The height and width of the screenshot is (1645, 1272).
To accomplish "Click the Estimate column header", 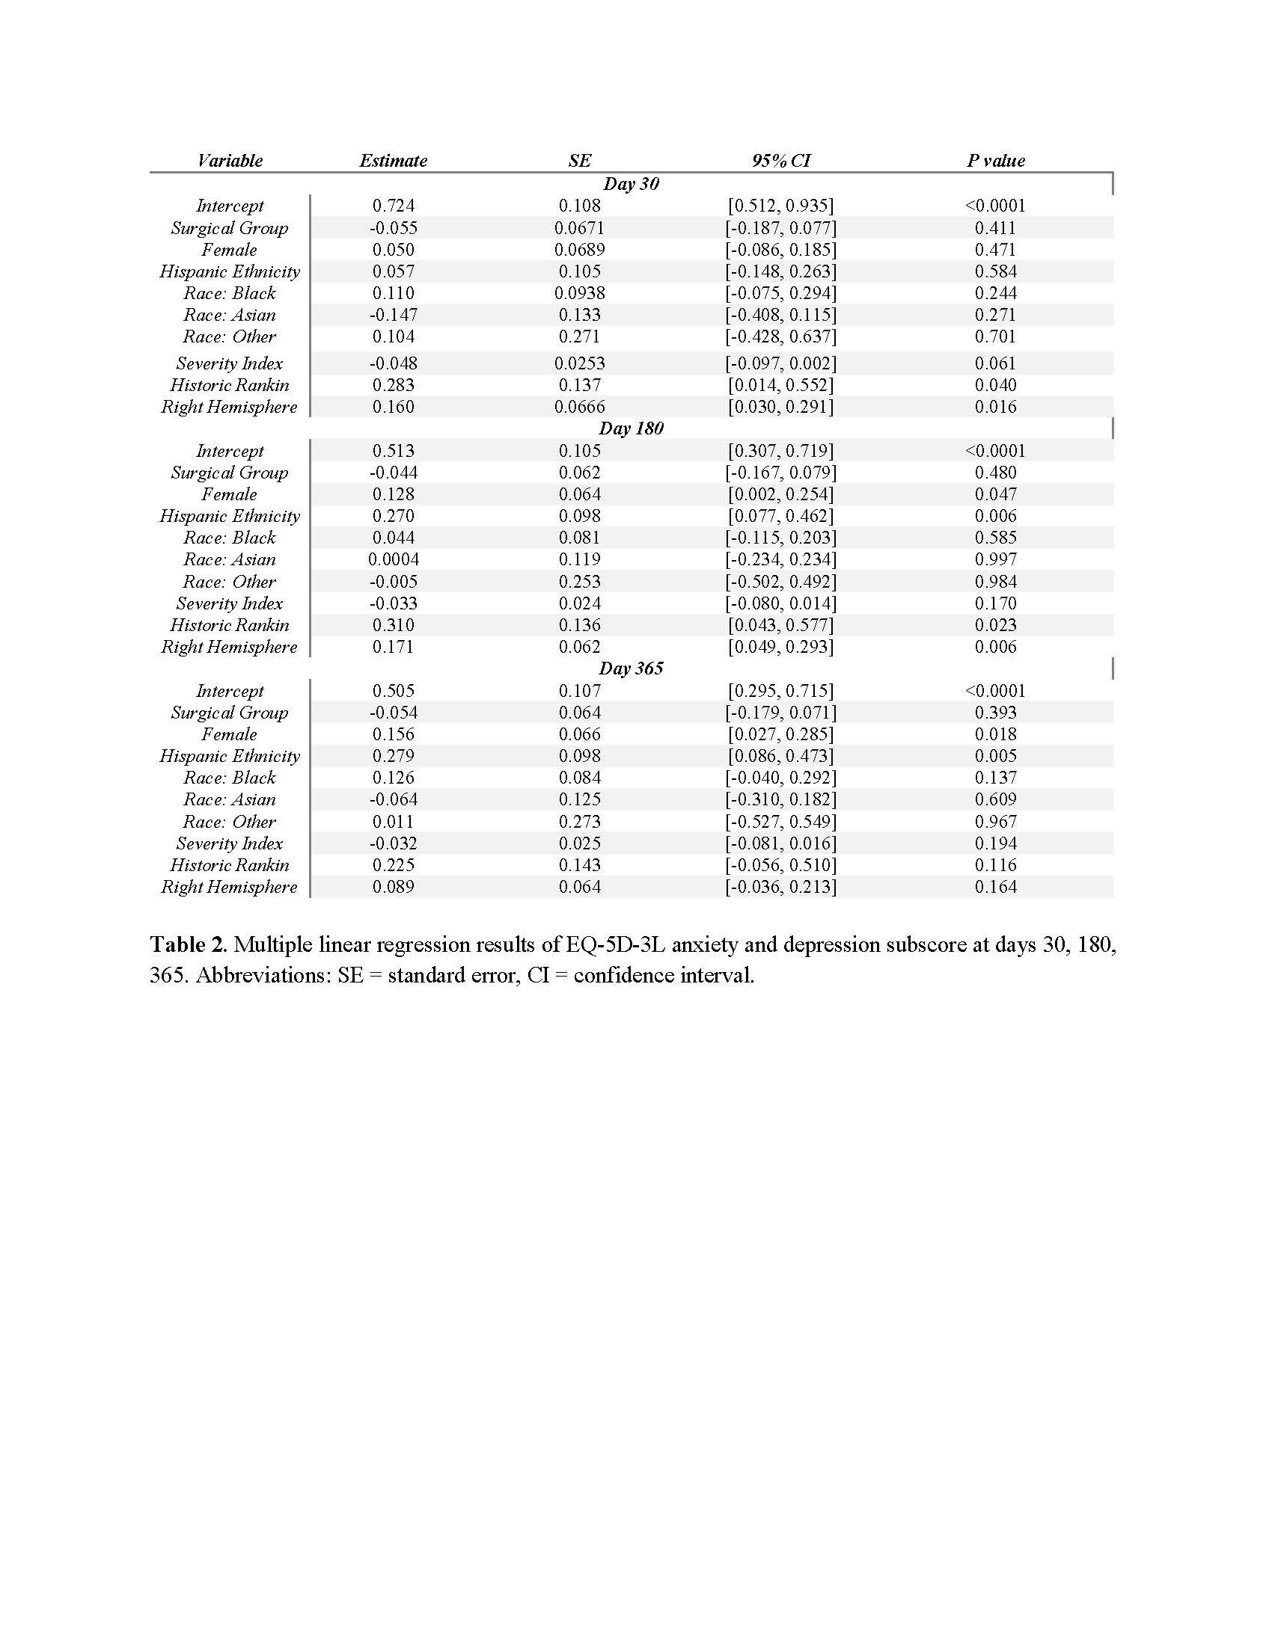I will click(393, 161).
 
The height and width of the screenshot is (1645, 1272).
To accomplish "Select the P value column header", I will click(995, 161).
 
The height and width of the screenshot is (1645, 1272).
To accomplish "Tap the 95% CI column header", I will click(780, 161).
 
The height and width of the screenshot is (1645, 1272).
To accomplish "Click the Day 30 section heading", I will click(631, 184).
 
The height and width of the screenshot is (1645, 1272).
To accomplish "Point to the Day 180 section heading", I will click(631, 428).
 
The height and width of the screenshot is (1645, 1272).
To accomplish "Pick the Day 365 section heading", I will click(631, 669).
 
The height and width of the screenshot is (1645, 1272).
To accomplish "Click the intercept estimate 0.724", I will click(394, 206).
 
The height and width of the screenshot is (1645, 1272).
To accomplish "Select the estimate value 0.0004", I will click(394, 559).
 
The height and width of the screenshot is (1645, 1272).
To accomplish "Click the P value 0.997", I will click(995, 559).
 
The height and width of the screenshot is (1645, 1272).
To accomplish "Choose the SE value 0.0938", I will click(579, 293).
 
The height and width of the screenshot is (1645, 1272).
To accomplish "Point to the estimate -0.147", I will click(394, 315).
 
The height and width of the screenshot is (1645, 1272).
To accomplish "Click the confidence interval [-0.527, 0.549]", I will click(780, 822).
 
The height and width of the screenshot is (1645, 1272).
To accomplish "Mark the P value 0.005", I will click(995, 756).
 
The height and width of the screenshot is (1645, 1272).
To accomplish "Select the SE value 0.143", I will click(579, 865).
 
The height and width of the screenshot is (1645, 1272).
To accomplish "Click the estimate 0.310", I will click(394, 625).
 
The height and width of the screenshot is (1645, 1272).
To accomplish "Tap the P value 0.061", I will click(995, 364).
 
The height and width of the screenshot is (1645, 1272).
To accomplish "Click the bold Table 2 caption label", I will click(189, 944).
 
